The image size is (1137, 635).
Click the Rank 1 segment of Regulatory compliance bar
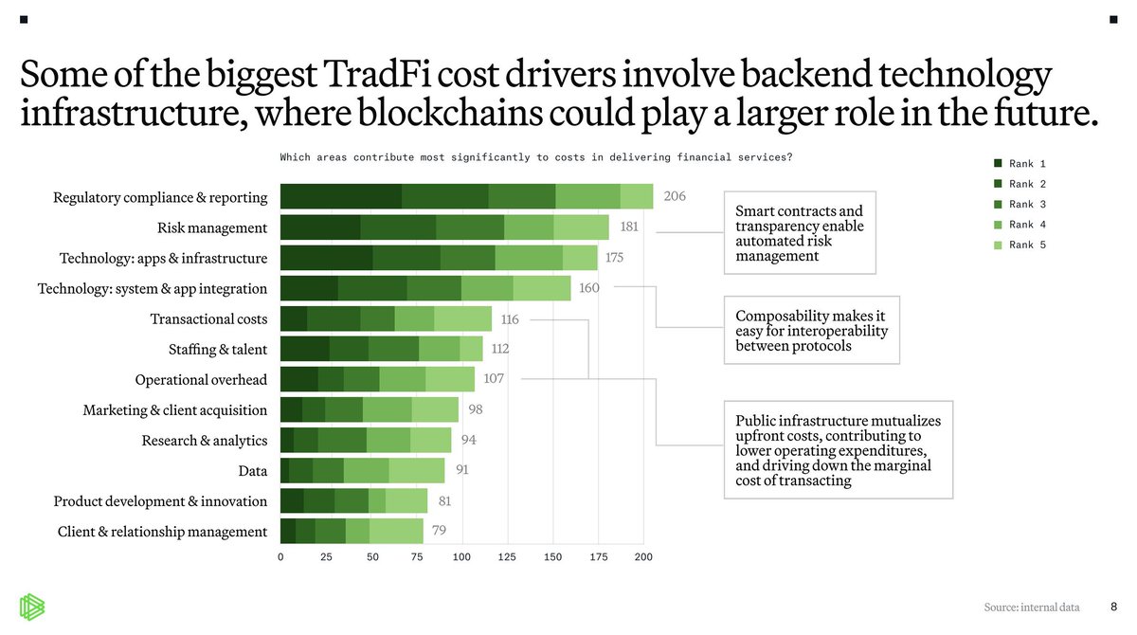coord(341,197)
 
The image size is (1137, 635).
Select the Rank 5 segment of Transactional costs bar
coord(462,319)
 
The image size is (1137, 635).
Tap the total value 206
coord(675,196)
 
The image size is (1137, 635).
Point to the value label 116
coord(510,319)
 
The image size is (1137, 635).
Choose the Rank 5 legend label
coord(1027,245)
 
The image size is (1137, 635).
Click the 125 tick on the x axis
coord(508,557)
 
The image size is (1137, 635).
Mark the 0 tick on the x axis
coord(280,557)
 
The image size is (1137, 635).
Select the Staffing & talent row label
coord(217,350)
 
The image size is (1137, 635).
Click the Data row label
coord(252,471)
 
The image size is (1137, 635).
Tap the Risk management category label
coord(212,228)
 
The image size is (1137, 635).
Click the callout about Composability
coord(811,330)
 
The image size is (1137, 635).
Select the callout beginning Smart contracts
coord(799,233)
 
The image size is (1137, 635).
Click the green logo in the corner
coord(34,608)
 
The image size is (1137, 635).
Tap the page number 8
coord(1113,606)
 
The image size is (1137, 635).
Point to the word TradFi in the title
coord(339,76)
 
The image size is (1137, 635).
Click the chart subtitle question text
coord(535,157)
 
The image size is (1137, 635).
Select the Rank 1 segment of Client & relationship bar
coord(288,532)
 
